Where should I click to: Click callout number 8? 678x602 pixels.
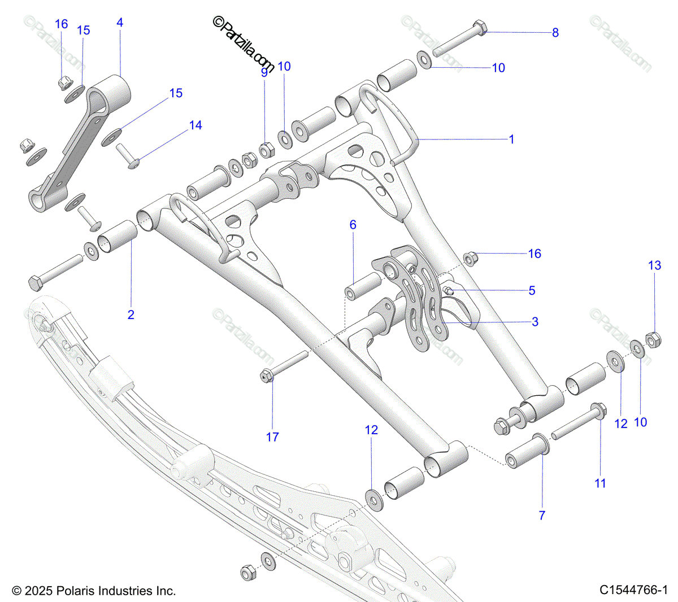pyautogui.click(x=555, y=33)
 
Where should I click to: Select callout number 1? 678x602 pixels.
pyautogui.click(x=512, y=139)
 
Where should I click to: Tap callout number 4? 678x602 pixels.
pyautogui.click(x=120, y=23)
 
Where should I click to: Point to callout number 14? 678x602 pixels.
pyautogui.click(x=195, y=125)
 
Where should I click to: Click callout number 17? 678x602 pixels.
pyautogui.click(x=272, y=437)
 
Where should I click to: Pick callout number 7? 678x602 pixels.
pyautogui.click(x=542, y=515)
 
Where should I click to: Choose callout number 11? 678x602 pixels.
pyautogui.click(x=600, y=483)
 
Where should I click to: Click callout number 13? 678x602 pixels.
pyautogui.click(x=654, y=265)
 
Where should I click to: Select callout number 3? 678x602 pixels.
pyautogui.click(x=535, y=322)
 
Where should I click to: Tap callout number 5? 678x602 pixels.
pyautogui.click(x=532, y=291)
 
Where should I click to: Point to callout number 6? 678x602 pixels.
pyautogui.click(x=353, y=225)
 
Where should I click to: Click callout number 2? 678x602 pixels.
pyautogui.click(x=131, y=315)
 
